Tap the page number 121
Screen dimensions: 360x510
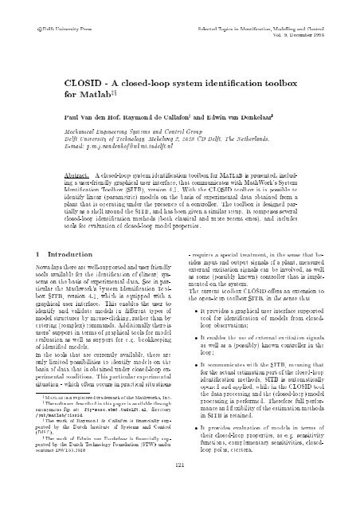(179, 487)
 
